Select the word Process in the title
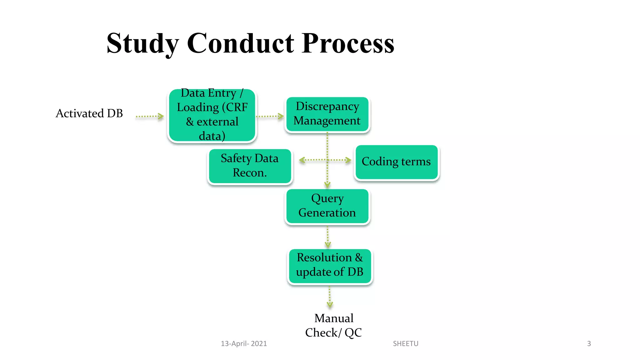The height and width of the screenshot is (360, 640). pyautogui.click(x=348, y=44)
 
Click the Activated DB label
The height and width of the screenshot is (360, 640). pyautogui.click(x=89, y=113)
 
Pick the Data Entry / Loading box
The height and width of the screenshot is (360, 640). pyautogui.click(x=212, y=115)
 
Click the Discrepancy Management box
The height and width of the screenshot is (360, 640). pyautogui.click(x=327, y=114)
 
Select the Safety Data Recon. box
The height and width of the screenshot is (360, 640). pyautogui.click(x=250, y=166)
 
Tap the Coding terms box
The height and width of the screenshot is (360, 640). pyautogui.click(x=396, y=162)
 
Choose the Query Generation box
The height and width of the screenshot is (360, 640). pyautogui.click(x=327, y=206)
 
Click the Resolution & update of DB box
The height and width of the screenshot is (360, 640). pyautogui.click(x=330, y=266)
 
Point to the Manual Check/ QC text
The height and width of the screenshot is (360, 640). pyautogui.click(x=333, y=325)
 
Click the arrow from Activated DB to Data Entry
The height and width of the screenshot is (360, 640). pyautogui.click(x=150, y=116)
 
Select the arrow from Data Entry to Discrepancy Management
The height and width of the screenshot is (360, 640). pyautogui.click(x=270, y=116)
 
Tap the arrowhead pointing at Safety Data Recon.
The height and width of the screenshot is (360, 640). pyautogui.click(x=302, y=160)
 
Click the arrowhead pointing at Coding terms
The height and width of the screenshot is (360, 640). pyautogui.click(x=348, y=160)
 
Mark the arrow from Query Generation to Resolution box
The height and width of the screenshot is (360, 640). pyautogui.click(x=327, y=237)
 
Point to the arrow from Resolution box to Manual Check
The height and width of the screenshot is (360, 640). pyautogui.click(x=330, y=297)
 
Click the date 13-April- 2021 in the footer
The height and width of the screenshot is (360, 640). pyautogui.click(x=244, y=344)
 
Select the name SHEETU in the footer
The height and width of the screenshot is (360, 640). pyautogui.click(x=405, y=344)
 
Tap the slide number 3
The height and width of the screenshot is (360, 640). pyautogui.click(x=589, y=344)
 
